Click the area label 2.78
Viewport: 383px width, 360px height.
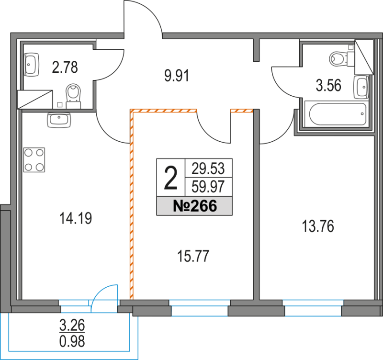click(x=65, y=67)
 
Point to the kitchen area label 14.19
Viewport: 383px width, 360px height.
click(x=76, y=219)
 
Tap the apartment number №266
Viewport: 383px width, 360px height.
click(x=194, y=206)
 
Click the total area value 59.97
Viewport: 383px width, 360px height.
click(x=208, y=184)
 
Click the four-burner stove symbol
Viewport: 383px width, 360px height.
click(x=34, y=160)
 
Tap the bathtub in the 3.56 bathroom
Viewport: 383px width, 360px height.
click(x=338, y=114)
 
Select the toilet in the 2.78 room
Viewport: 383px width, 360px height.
click(x=74, y=93)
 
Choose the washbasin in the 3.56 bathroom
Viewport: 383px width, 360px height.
click(x=361, y=86)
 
